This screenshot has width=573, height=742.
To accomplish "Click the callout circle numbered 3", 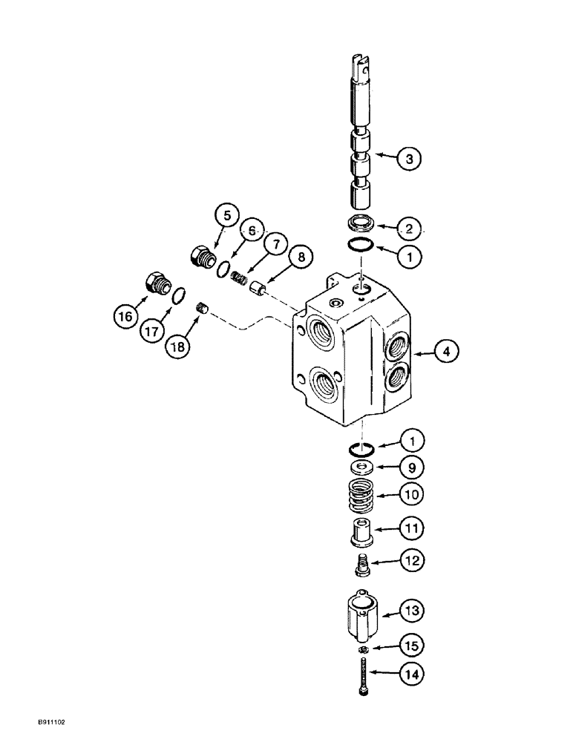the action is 409,157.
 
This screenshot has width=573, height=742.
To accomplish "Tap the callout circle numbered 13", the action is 412,611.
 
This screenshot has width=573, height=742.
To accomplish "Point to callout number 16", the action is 125,315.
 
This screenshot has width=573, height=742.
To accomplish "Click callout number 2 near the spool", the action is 409,227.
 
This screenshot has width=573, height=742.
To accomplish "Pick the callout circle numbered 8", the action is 301,258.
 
